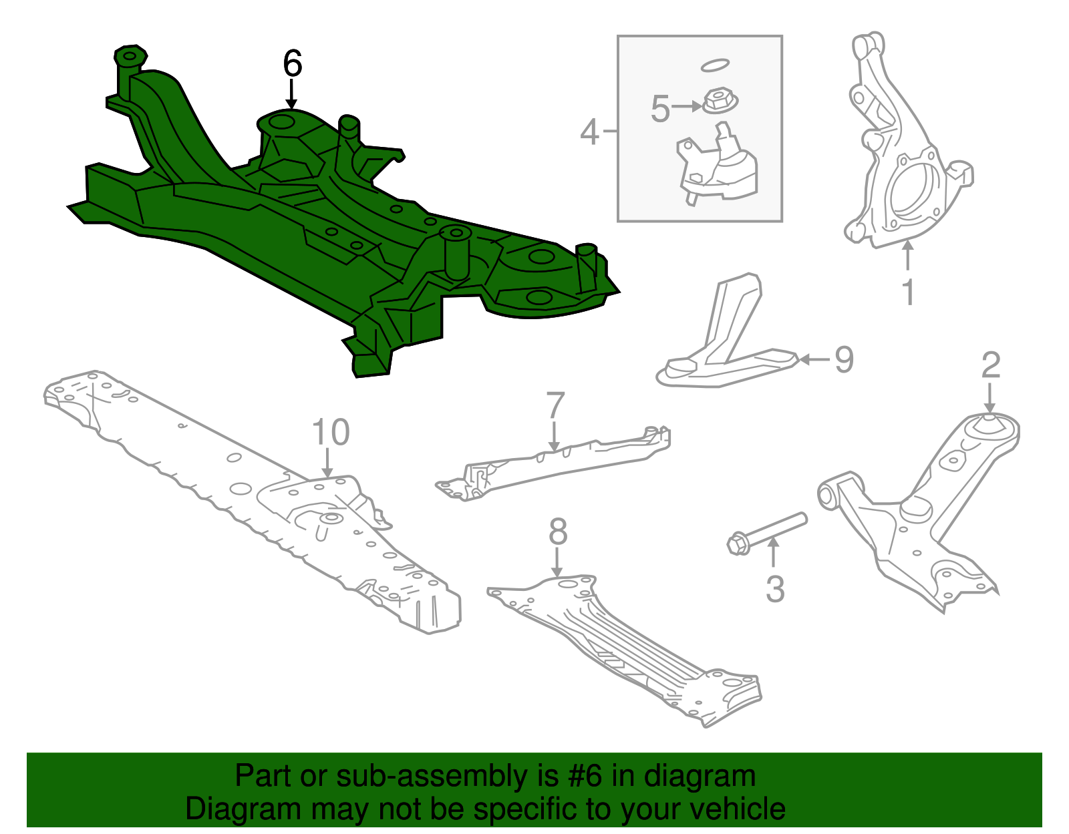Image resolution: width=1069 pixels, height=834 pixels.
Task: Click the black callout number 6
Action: coord(293,64)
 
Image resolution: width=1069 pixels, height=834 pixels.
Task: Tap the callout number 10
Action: coord(331,433)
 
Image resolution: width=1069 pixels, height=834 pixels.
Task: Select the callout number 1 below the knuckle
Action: coord(908,292)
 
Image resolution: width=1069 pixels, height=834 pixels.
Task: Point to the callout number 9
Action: coord(845,360)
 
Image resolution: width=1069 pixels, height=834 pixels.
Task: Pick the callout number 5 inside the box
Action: coord(660,109)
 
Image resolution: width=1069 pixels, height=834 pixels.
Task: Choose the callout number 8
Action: coord(558,532)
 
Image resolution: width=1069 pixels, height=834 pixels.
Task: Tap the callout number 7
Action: coord(555,406)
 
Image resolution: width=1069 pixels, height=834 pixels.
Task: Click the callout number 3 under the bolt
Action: coord(774,589)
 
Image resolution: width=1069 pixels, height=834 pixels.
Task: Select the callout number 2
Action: coord(991,365)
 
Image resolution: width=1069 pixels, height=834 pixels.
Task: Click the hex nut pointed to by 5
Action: coord(720,103)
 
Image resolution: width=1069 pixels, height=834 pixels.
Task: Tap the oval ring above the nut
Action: coord(714,65)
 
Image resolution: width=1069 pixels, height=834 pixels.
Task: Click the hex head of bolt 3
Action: coord(738,544)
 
